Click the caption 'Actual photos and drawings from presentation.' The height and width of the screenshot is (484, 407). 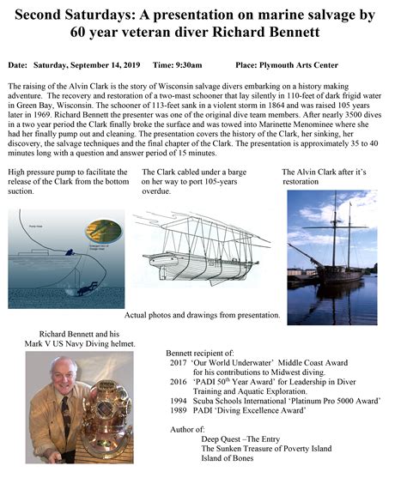click(203, 315)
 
